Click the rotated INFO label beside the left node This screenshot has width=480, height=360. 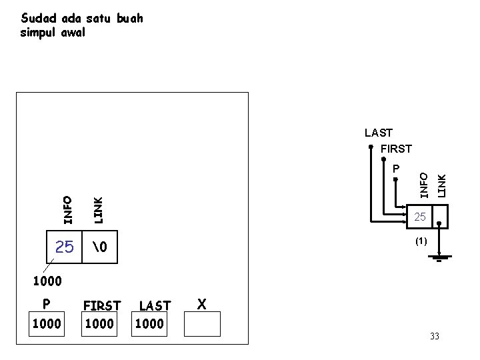point(67,209)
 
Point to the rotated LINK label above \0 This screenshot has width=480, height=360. point(97,209)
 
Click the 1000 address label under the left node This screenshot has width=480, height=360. point(47,282)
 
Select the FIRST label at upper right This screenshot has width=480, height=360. point(396,149)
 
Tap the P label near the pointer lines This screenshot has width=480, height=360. point(395,169)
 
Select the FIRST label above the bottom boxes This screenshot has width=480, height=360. point(101,305)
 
